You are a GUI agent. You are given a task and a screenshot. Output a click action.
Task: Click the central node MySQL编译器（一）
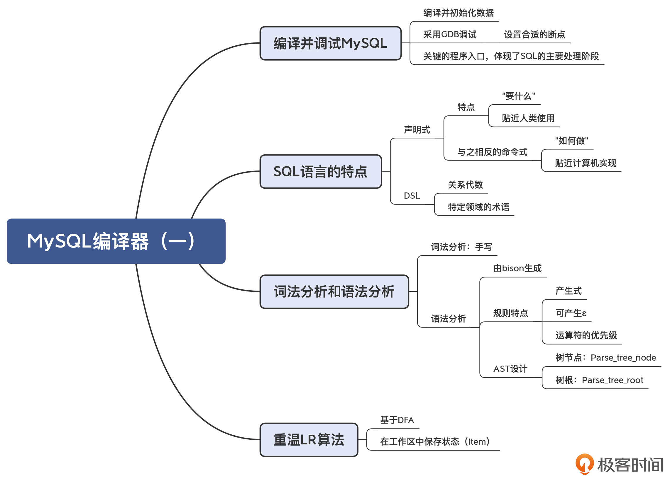click(x=116, y=241)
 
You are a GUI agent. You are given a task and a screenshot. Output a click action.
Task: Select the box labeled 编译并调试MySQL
click(x=331, y=43)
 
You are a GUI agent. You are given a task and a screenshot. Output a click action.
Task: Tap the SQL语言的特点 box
click(x=321, y=171)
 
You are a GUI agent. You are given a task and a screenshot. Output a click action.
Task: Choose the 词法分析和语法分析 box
click(x=334, y=291)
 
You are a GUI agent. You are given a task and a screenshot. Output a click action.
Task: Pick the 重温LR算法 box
click(x=309, y=440)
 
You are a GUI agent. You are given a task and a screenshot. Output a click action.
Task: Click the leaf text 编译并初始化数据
click(x=458, y=13)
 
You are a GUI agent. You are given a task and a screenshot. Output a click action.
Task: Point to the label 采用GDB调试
click(x=450, y=35)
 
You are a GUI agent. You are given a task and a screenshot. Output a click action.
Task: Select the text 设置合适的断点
click(x=535, y=35)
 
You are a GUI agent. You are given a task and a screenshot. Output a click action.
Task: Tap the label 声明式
click(x=417, y=129)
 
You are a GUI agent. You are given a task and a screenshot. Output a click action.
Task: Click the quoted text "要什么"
click(x=519, y=96)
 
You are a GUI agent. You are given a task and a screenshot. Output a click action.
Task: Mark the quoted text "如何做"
click(x=572, y=141)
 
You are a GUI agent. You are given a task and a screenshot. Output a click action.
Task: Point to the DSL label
click(x=412, y=196)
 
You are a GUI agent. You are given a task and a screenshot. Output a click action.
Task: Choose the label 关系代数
click(x=465, y=185)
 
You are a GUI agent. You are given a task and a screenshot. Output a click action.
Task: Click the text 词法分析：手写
click(x=461, y=247)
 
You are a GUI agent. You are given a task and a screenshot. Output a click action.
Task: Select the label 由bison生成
click(x=517, y=268)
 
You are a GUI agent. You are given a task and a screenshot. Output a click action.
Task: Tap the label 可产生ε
click(x=571, y=313)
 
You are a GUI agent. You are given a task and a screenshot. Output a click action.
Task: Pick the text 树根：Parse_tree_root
click(x=599, y=380)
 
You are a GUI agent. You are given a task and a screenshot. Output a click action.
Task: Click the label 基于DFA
click(x=397, y=420)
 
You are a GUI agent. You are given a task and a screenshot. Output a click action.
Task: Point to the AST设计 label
click(x=510, y=369)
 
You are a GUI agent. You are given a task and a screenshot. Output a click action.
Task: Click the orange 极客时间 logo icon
click(x=585, y=464)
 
